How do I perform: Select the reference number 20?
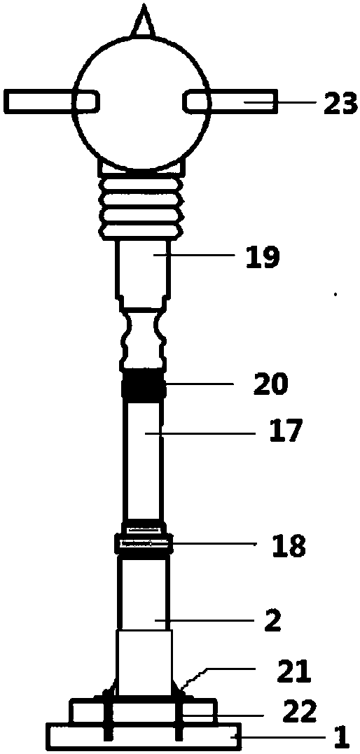[x=270, y=383]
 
